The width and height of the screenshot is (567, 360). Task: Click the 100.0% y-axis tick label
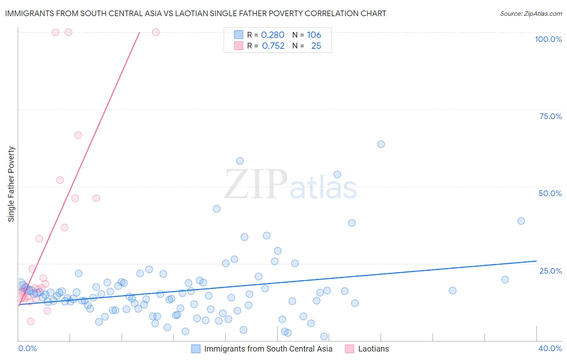548,39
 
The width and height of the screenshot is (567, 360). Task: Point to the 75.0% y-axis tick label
550,116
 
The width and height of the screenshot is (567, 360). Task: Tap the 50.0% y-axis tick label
550,193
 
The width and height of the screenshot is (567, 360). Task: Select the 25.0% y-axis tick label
550,271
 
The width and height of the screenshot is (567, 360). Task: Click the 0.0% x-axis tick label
27,348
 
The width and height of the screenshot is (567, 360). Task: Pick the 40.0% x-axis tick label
550,348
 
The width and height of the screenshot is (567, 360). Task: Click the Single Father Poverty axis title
11,184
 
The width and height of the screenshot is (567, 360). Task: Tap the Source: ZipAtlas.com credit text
531,14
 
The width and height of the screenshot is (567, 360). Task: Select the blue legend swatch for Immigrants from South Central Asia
196,349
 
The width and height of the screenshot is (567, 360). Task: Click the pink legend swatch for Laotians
350,349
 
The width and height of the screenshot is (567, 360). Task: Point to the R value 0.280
273,35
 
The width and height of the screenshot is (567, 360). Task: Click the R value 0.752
273,46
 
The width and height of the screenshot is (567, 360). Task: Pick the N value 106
314,35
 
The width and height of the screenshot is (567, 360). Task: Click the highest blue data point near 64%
381,144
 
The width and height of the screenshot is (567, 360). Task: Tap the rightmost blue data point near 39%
521,221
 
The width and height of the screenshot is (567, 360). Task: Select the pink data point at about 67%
78,135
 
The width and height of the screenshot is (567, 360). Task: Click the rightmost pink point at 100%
156,32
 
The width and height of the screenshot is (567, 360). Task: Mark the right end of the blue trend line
536,261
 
